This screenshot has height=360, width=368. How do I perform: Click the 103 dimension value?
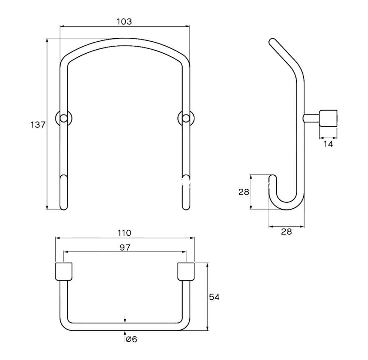[x=124, y=22]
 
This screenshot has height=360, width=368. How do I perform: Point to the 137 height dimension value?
[x=38, y=125]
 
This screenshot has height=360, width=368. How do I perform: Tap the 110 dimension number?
[x=124, y=233]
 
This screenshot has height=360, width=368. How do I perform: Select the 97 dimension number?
[x=125, y=247]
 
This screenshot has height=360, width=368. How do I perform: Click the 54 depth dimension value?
[x=214, y=297]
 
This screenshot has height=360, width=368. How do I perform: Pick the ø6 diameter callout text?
[x=132, y=339]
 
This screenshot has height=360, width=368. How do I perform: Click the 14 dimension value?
[x=328, y=144]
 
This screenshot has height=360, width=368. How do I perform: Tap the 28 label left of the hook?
[x=244, y=192]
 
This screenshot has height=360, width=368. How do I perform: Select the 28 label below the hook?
[x=286, y=232]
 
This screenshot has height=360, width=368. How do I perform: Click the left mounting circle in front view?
[x=64, y=119]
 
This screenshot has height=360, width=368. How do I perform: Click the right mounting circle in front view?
[x=186, y=119]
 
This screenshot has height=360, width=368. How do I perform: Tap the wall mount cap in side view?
[x=328, y=119]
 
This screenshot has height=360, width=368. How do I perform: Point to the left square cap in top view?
[x=64, y=272]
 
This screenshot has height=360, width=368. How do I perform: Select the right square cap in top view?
[x=186, y=272]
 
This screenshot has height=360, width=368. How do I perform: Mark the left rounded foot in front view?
[x=64, y=192]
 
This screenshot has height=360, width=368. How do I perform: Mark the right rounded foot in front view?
[x=186, y=192]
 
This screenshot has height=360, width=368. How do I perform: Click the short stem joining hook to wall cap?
[x=311, y=118]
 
